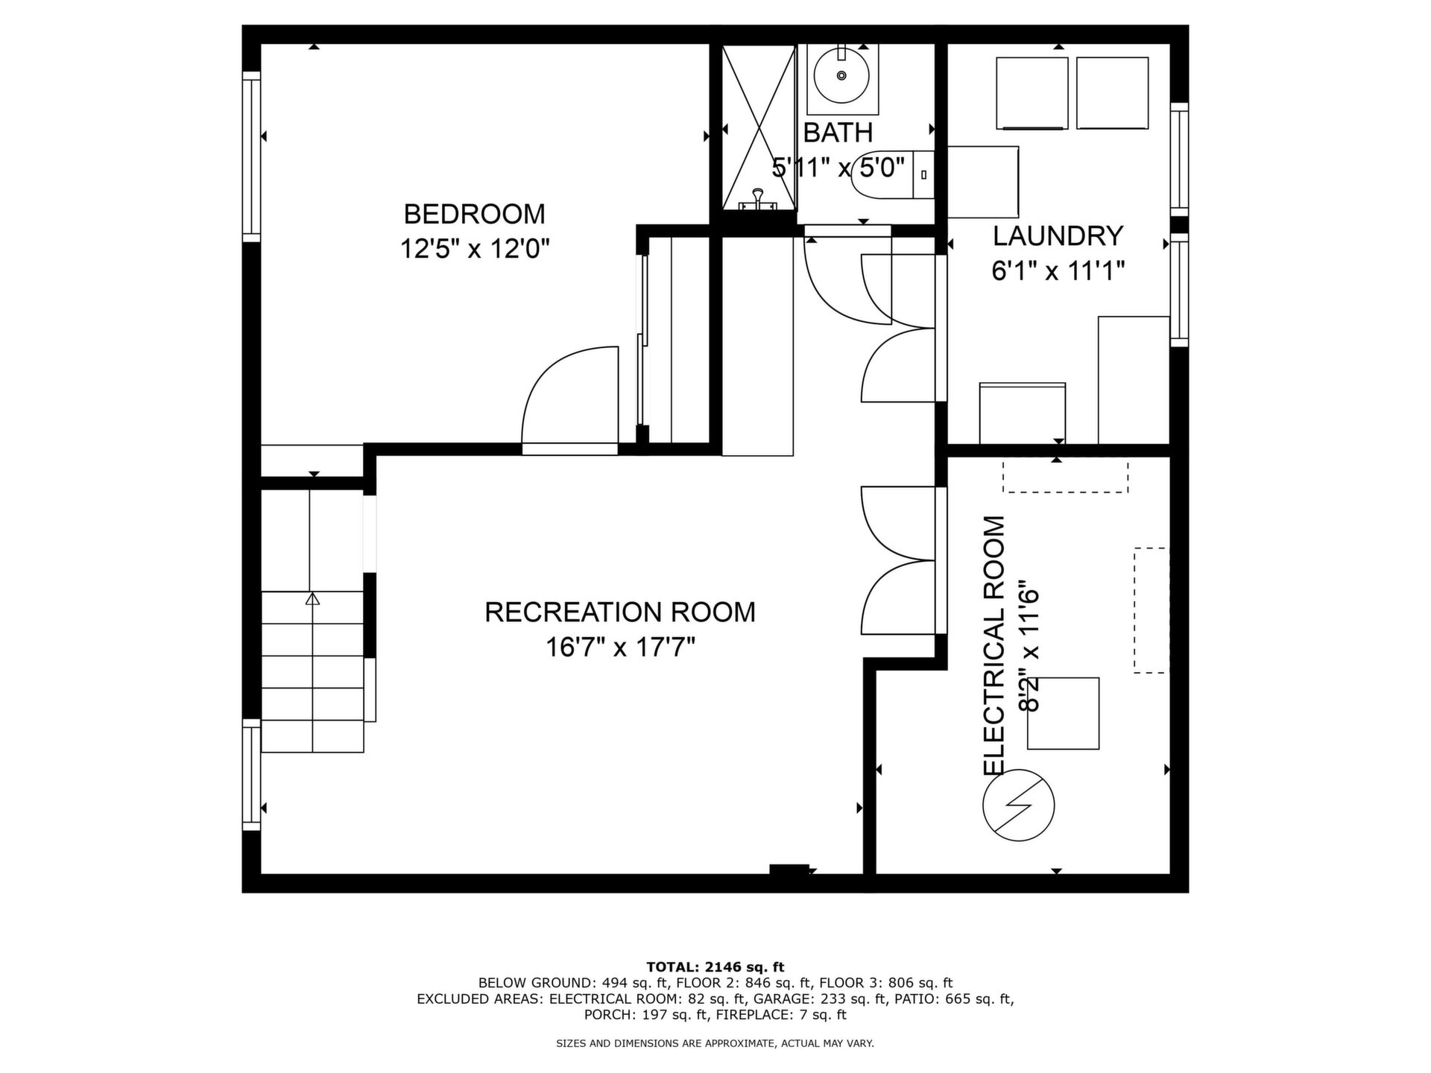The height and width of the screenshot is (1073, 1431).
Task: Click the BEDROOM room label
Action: [x=474, y=214]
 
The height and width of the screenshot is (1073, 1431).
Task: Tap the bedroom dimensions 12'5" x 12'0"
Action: [x=475, y=248]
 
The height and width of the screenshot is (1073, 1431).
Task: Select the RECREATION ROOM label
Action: [x=620, y=612]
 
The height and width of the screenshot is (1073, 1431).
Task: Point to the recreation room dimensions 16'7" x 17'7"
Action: [x=620, y=647]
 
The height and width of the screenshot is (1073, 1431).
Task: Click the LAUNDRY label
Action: [x=1058, y=235]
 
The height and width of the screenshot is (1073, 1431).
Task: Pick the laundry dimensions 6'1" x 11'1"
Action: [x=1058, y=270]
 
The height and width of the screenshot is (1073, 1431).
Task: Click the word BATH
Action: [x=838, y=133]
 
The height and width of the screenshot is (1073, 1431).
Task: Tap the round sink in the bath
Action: [x=841, y=75]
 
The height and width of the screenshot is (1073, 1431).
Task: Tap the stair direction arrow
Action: [x=312, y=598]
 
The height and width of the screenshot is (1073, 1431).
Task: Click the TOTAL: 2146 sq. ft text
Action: [x=715, y=967]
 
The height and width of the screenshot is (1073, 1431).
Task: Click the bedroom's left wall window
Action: [x=251, y=156]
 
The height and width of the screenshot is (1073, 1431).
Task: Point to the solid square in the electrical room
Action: [x=1063, y=713]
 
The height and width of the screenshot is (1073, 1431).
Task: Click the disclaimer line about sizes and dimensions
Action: [x=715, y=1044]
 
